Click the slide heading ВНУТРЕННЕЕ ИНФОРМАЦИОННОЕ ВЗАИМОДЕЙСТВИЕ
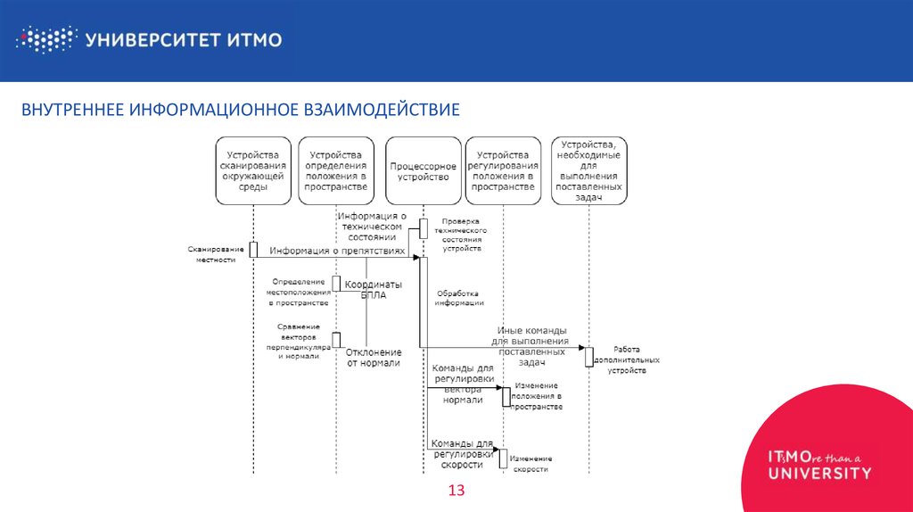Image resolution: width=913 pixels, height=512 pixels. (241, 110)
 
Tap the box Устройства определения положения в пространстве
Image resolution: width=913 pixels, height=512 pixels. (336, 171)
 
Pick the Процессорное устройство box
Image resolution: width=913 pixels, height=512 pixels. (424, 171)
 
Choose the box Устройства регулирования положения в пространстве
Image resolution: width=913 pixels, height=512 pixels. (503, 171)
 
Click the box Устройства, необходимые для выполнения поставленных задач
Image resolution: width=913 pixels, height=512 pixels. (588, 171)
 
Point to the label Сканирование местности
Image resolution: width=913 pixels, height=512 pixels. (210, 253)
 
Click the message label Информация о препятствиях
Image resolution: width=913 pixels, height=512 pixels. (337, 252)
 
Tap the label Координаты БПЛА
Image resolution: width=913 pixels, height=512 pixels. (374, 290)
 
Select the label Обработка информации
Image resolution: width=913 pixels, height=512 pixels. (459, 298)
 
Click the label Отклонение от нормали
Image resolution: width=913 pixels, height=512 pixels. (374, 358)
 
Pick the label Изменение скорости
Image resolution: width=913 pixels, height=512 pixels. (530, 463)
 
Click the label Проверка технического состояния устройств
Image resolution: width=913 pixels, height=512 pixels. (459, 235)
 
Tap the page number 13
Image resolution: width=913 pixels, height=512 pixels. (456, 491)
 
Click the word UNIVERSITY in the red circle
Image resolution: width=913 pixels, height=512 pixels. (819, 473)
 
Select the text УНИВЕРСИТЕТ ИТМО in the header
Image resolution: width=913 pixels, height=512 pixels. (184, 39)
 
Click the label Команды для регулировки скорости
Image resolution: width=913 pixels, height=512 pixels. (462, 453)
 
